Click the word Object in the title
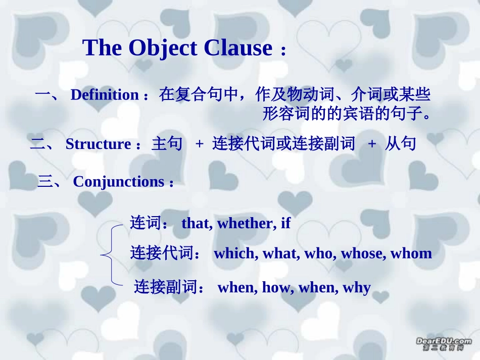click(162, 48)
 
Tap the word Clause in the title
click(238, 48)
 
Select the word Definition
click(105, 95)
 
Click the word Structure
click(99, 144)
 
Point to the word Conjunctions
click(119, 182)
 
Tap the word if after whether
click(285, 223)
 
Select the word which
click(234, 253)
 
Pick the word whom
click(411, 253)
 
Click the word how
click(276, 288)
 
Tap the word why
click(357, 288)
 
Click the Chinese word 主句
click(167, 144)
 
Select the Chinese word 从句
click(400, 144)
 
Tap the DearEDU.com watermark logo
click(443, 344)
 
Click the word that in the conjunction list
click(197, 223)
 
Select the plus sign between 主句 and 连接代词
click(199, 144)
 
